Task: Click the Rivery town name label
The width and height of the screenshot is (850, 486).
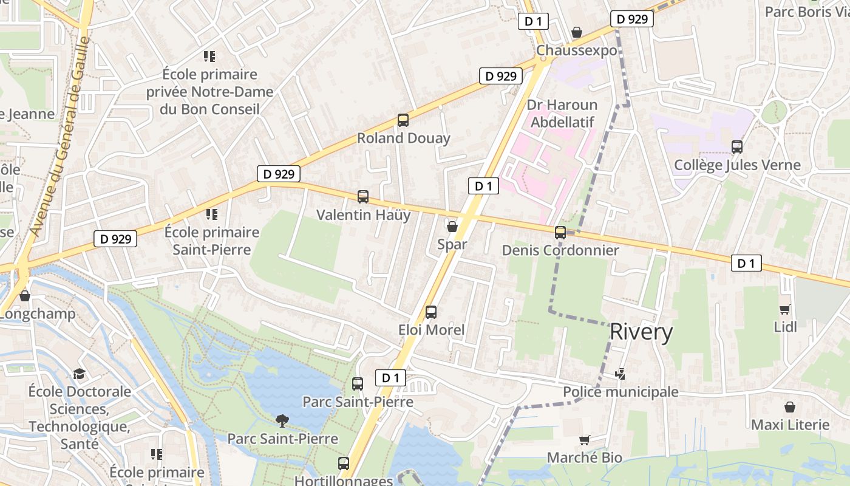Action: (x=641, y=332)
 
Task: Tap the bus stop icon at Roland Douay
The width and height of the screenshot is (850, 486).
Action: (x=403, y=120)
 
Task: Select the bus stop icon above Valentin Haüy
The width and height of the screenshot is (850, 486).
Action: (x=363, y=197)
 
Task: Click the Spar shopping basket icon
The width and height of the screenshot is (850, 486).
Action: (x=452, y=227)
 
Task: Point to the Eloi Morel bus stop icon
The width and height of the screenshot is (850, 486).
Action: (x=431, y=312)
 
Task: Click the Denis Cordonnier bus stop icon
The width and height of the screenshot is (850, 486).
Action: (x=560, y=232)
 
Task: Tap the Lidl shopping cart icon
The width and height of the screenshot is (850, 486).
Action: (x=785, y=309)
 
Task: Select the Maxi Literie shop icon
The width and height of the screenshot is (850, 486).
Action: (x=790, y=406)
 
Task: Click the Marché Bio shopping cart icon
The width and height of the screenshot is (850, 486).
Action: (x=585, y=440)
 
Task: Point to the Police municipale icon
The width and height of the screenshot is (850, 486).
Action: (x=620, y=374)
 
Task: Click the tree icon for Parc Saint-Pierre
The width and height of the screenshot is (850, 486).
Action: (x=282, y=420)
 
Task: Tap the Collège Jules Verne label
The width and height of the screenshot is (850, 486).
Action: (x=737, y=165)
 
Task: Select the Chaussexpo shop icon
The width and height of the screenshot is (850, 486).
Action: (x=577, y=32)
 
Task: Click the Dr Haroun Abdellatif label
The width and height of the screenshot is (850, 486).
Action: (x=562, y=114)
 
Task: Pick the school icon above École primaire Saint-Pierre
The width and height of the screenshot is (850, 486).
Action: (x=211, y=214)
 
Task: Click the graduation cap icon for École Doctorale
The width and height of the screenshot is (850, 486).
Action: (x=80, y=374)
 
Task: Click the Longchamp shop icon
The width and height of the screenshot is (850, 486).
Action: (x=25, y=296)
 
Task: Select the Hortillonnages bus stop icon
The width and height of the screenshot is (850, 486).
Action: (x=344, y=464)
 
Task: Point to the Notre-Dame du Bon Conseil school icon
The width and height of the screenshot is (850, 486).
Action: (x=209, y=57)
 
